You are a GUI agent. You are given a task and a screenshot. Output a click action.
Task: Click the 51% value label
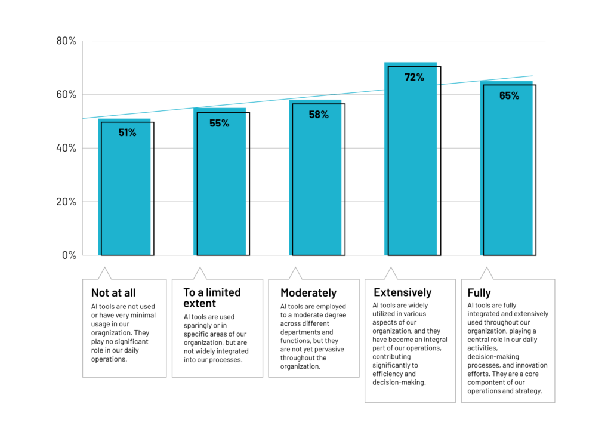[127, 132]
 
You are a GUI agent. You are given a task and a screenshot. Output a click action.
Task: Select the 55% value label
[219, 123]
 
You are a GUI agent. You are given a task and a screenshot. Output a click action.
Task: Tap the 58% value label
[318, 115]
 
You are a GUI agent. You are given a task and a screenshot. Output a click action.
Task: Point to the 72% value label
[413, 77]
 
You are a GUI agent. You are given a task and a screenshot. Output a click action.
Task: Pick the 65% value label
[509, 95]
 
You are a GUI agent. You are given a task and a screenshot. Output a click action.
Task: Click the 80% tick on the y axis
[66, 41]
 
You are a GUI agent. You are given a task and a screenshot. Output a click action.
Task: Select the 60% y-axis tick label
[66, 94]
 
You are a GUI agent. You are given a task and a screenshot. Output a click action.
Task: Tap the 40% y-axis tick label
[66, 148]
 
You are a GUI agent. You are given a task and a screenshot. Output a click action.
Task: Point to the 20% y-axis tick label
[66, 202]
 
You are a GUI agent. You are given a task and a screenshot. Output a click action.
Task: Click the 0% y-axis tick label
[69, 255]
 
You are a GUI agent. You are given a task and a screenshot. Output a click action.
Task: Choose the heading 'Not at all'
[113, 293]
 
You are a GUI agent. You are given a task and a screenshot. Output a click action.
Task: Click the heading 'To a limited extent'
[212, 297]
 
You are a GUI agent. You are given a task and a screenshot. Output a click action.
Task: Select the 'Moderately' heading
[308, 293]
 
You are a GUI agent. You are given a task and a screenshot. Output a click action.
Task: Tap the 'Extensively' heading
[402, 292]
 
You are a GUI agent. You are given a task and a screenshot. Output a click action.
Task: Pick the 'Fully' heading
[480, 293]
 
